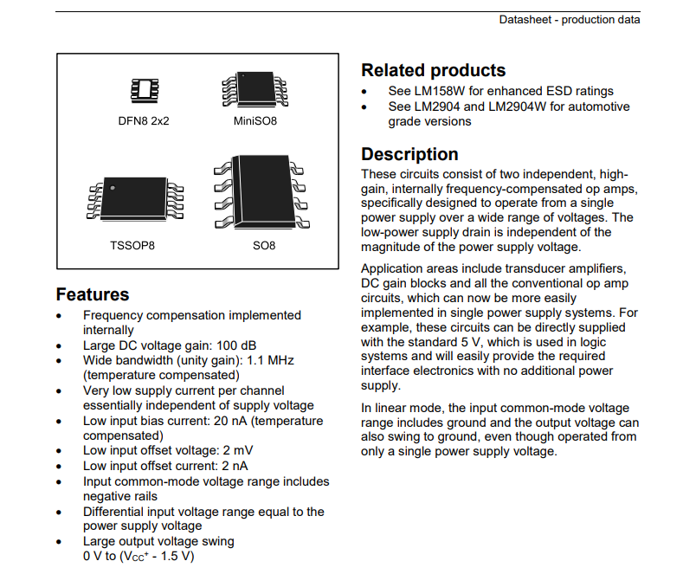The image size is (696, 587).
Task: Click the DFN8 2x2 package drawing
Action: (x=145, y=91)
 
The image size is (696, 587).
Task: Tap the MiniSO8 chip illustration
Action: (x=255, y=89)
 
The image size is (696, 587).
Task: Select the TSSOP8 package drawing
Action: (x=135, y=199)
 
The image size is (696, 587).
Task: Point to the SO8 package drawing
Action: (x=262, y=192)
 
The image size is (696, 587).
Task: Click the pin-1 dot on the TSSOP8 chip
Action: (x=113, y=188)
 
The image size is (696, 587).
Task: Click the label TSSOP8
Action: (x=132, y=246)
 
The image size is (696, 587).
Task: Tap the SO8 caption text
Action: (x=264, y=246)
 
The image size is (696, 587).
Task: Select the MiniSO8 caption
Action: (x=255, y=120)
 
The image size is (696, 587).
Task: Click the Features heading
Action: (x=93, y=294)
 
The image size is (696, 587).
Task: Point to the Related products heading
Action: (x=433, y=70)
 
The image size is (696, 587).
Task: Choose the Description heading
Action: (x=409, y=154)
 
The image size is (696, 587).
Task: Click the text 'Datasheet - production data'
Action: (x=570, y=20)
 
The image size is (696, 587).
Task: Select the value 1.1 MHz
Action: (x=270, y=360)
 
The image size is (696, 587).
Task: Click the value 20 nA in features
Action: (x=230, y=421)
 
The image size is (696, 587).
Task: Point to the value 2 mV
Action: (x=237, y=450)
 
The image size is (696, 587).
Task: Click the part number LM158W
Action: (x=440, y=91)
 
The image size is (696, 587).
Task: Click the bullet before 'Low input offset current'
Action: (x=59, y=467)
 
